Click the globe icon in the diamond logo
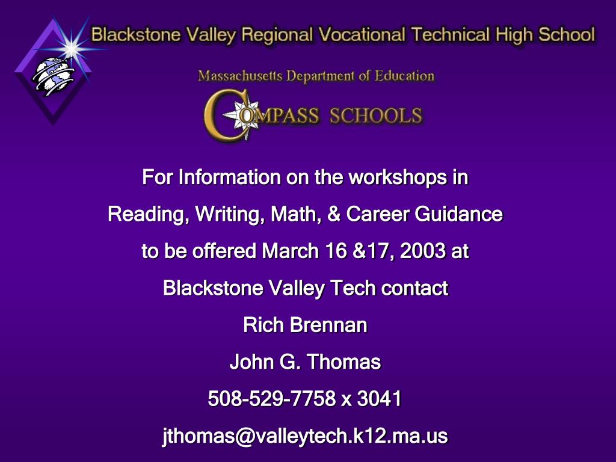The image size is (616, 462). click(x=53, y=76)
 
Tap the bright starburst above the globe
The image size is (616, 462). click(x=72, y=48)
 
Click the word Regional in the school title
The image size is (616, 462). click(x=277, y=35)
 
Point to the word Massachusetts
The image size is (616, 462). click(x=240, y=75)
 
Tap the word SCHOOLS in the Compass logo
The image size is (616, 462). click(x=376, y=116)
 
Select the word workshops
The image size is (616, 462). click(x=398, y=177)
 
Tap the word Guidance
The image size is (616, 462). click(x=458, y=214)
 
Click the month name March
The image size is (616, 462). click(x=290, y=251)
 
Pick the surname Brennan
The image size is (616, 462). click(x=329, y=325)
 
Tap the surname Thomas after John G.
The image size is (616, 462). click(x=343, y=362)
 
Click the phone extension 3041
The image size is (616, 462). click(x=379, y=398)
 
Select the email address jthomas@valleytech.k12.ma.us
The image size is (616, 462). click(x=305, y=436)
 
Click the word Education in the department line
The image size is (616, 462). click(x=404, y=75)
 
